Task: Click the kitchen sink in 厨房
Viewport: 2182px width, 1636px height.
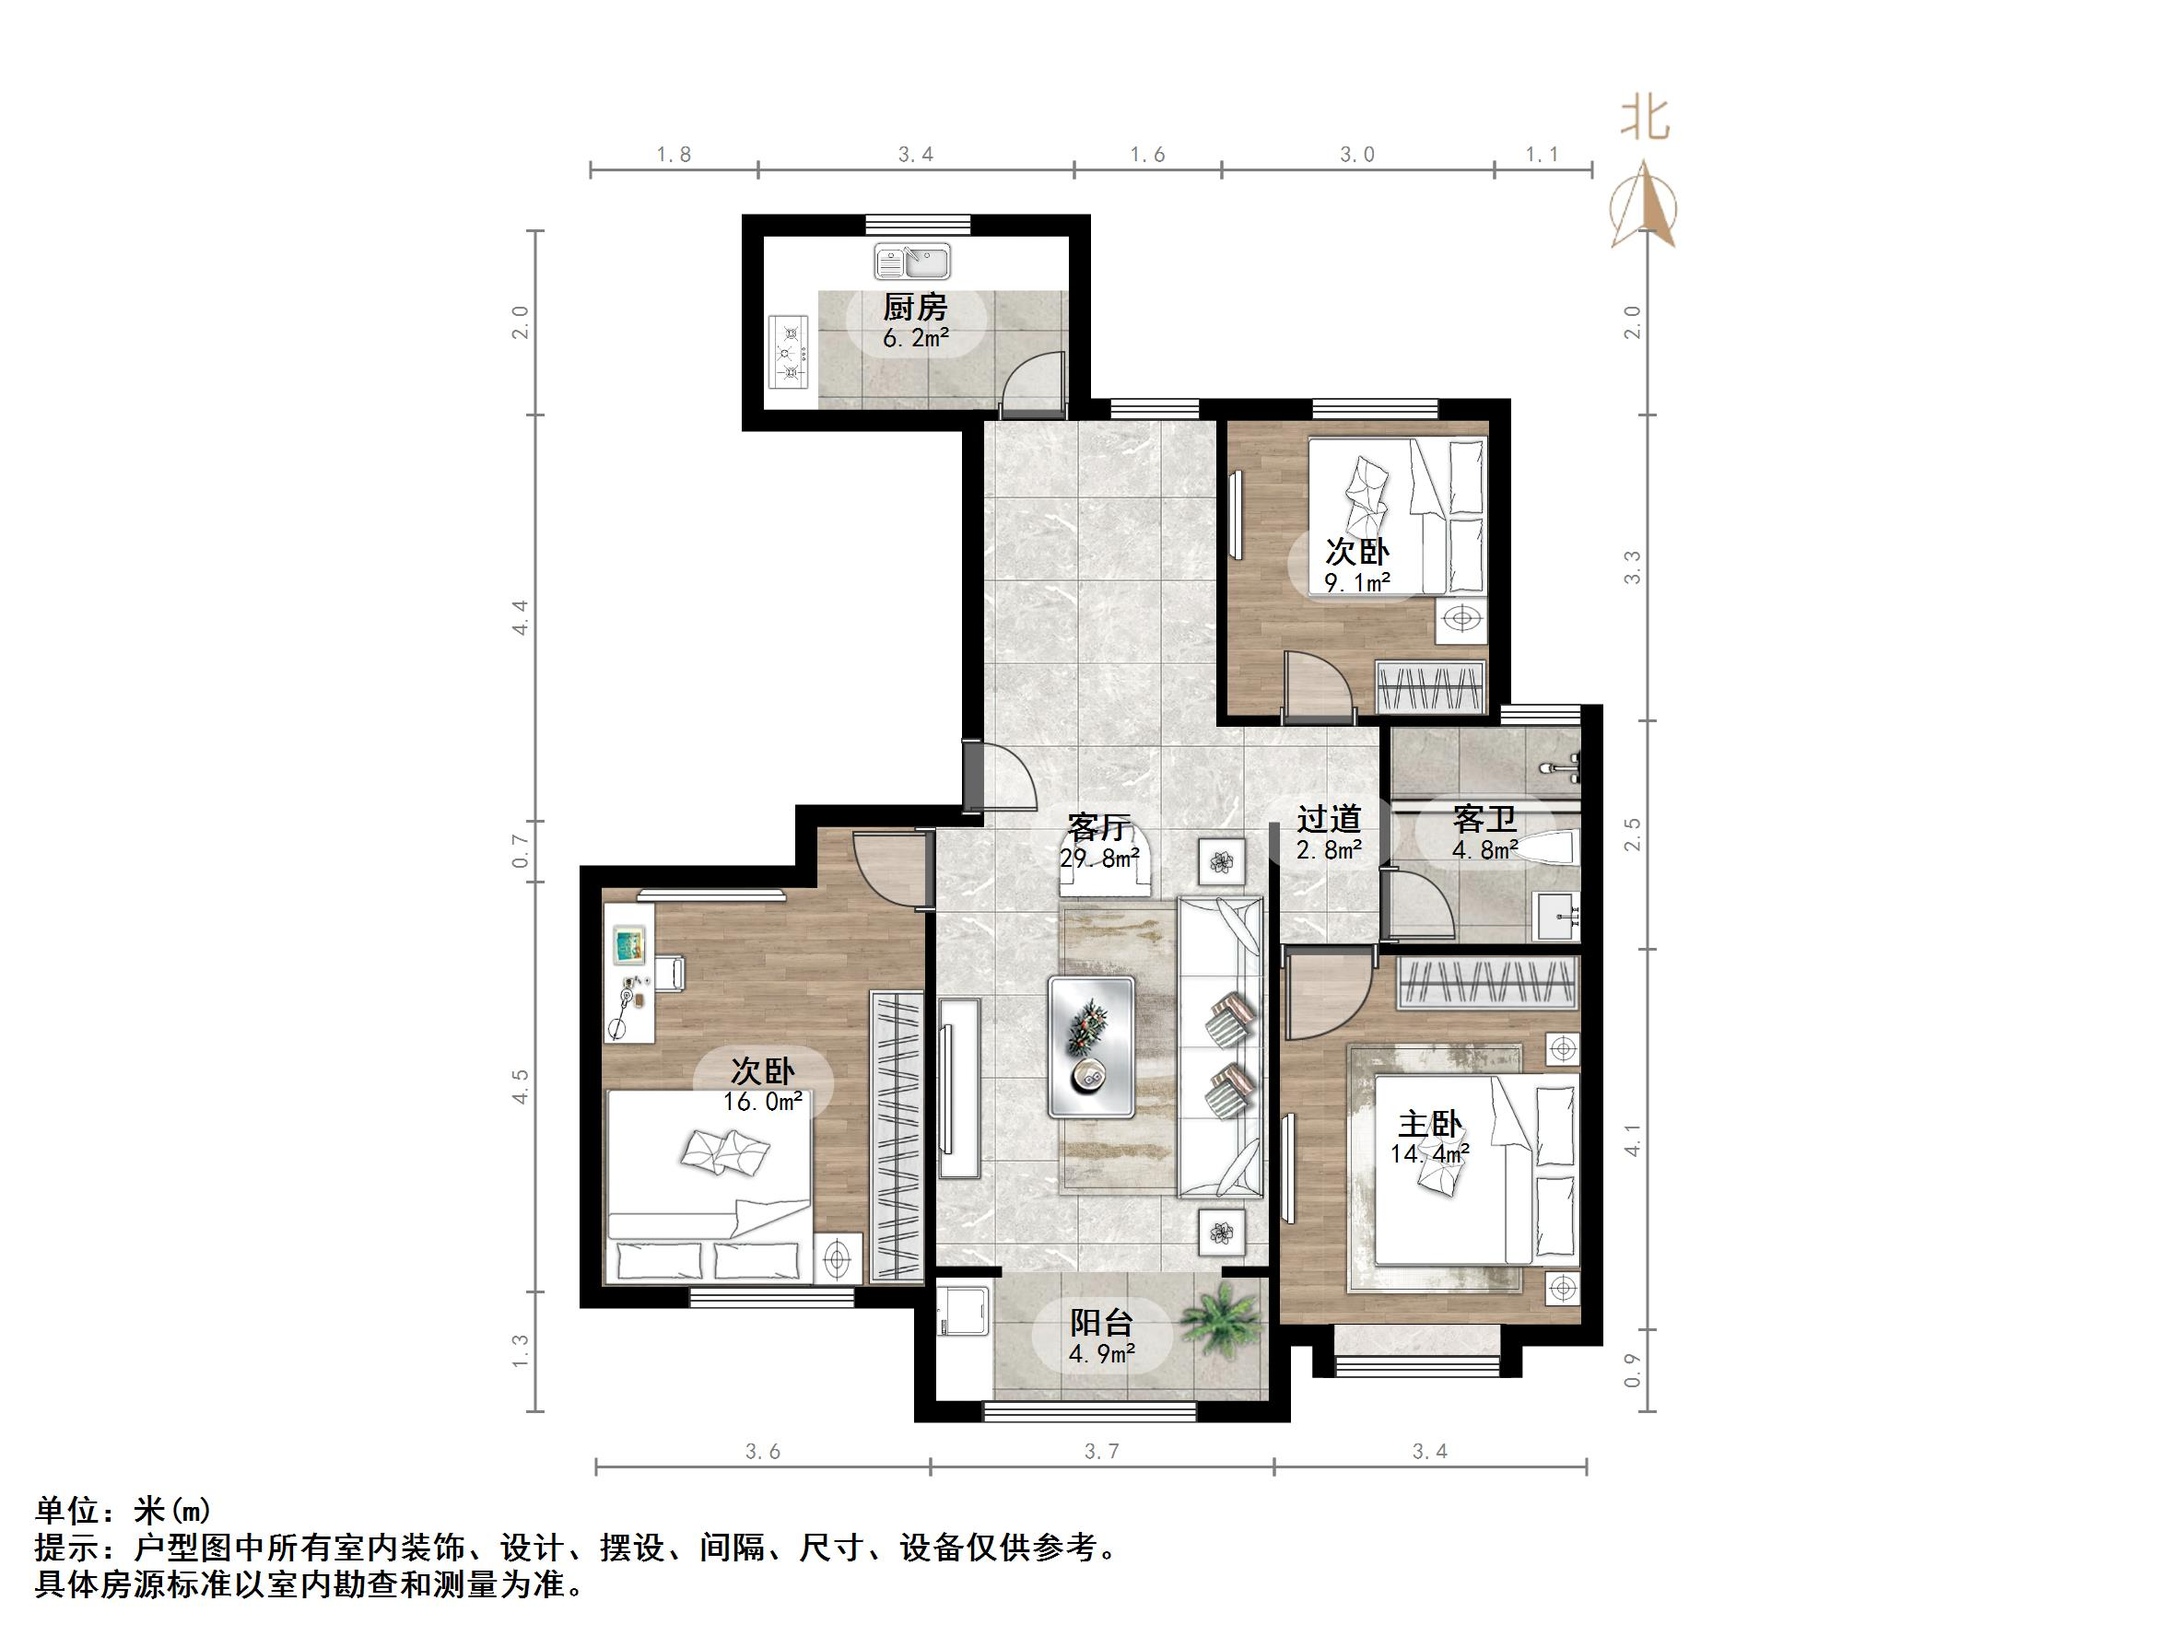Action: (x=911, y=263)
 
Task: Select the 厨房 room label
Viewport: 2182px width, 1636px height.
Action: (x=914, y=308)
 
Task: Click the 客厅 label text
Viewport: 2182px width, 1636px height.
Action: (x=1097, y=826)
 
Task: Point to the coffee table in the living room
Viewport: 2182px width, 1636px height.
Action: (x=1092, y=1046)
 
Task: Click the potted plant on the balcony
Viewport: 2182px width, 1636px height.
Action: (x=1221, y=1320)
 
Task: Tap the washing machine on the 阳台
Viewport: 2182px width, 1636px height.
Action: (x=963, y=1311)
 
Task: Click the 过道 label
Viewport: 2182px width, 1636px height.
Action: (x=1329, y=819)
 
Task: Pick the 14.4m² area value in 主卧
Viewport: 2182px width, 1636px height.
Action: (x=1429, y=1152)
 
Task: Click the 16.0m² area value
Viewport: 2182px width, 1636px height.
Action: (x=761, y=1102)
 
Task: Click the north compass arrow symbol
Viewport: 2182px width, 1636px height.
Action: (x=1645, y=206)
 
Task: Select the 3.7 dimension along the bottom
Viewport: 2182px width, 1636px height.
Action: (x=1101, y=1451)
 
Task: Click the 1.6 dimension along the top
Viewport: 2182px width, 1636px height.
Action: (x=1147, y=155)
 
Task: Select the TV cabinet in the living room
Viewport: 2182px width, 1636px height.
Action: (x=959, y=1088)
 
